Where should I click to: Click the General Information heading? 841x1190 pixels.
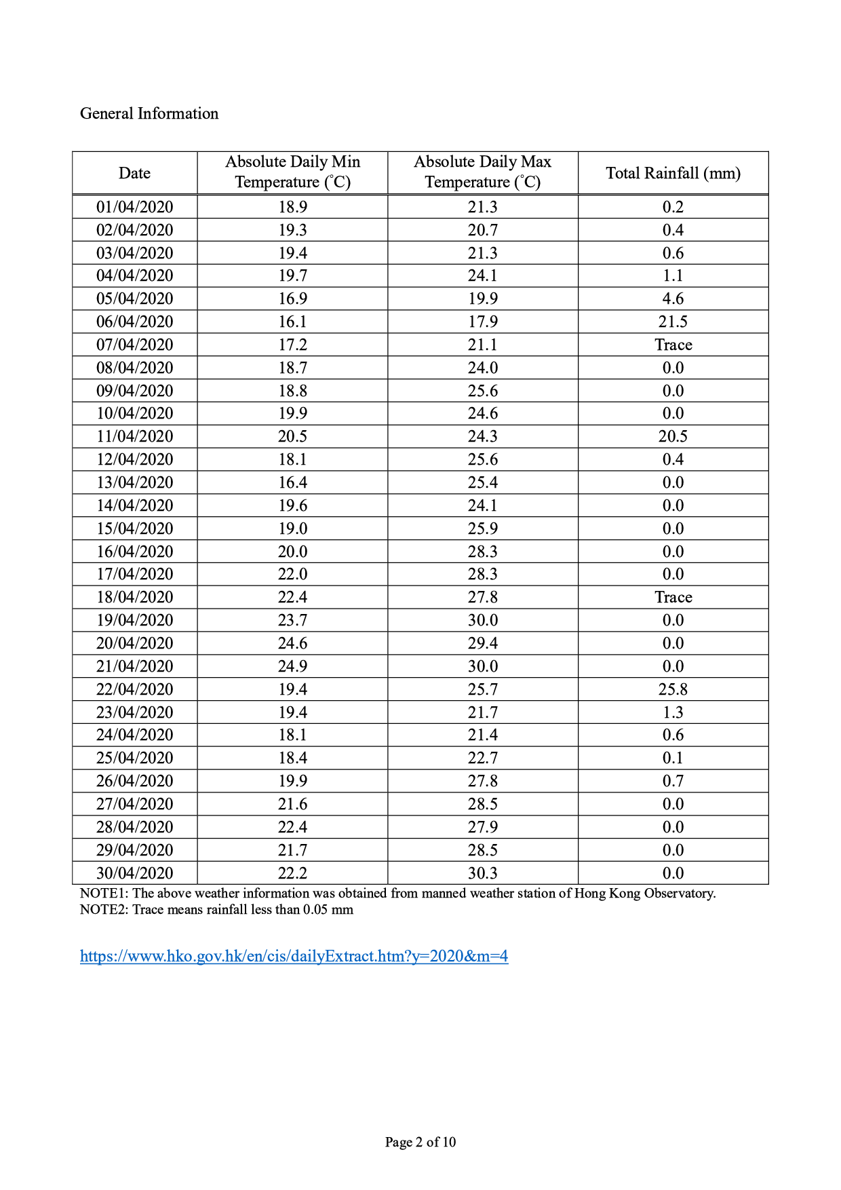click(149, 113)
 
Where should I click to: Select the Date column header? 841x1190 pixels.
click(134, 173)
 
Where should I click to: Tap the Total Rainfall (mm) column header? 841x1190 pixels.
click(673, 173)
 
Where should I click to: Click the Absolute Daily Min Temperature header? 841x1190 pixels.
click(292, 172)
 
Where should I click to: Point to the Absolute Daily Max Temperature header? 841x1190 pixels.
click(482, 172)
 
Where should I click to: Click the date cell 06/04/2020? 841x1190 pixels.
click(134, 322)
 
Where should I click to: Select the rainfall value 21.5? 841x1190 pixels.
click(673, 322)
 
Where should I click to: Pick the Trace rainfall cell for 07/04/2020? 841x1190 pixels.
click(673, 345)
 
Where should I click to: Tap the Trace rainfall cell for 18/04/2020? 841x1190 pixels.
click(673, 597)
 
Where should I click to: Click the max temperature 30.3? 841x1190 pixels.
click(482, 872)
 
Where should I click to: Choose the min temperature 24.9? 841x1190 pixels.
click(292, 666)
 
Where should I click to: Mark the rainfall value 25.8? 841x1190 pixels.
click(673, 689)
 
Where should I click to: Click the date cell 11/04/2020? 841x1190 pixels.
click(134, 436)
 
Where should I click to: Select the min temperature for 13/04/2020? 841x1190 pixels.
click(292, 482)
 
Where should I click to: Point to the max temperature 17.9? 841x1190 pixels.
click(482, 322)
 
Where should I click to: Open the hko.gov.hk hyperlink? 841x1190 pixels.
click(294, 956)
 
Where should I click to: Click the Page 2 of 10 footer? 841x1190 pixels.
click(420, 1142)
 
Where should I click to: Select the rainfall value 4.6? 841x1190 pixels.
click(673, 299)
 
